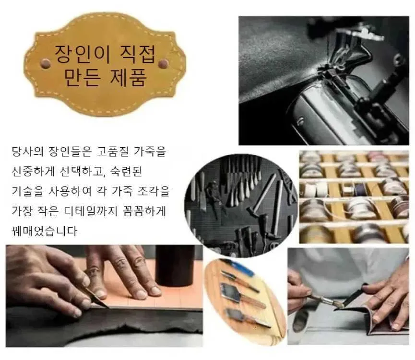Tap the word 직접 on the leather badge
coord(138,54)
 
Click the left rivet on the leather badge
coord(46,63)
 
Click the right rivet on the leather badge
coord(163,63)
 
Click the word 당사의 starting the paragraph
coord(27,152)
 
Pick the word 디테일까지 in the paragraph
coord(91,211)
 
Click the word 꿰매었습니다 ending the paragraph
coord(45,231)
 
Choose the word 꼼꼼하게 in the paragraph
coord(145,211)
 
